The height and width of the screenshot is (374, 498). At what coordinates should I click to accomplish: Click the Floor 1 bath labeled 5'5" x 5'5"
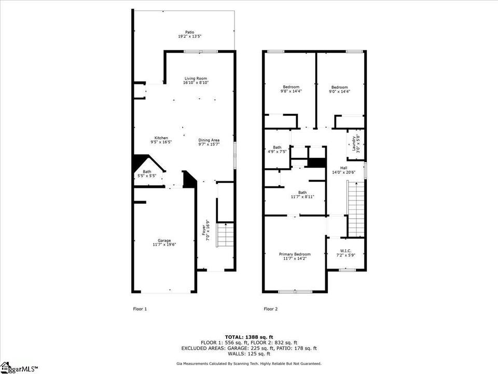pos(147,173)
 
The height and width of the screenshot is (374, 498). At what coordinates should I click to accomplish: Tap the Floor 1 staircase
pos(226,235)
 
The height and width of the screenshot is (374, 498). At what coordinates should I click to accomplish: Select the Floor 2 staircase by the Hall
pos(356,209)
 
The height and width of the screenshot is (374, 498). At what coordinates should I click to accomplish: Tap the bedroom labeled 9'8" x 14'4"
pos(291,89)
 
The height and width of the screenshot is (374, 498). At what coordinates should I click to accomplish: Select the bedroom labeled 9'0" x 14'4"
pos(339,89)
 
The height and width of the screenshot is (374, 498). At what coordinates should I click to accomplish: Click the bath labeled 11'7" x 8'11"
pos(302,195)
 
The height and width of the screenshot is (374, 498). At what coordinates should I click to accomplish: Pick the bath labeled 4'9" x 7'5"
pos(277,150)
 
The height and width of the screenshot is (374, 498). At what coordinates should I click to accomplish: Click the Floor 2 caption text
pos(271,309)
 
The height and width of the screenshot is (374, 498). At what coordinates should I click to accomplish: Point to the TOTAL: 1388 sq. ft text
pos(249,337)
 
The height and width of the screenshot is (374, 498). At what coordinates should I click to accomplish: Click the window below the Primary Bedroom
pos(295,291)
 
